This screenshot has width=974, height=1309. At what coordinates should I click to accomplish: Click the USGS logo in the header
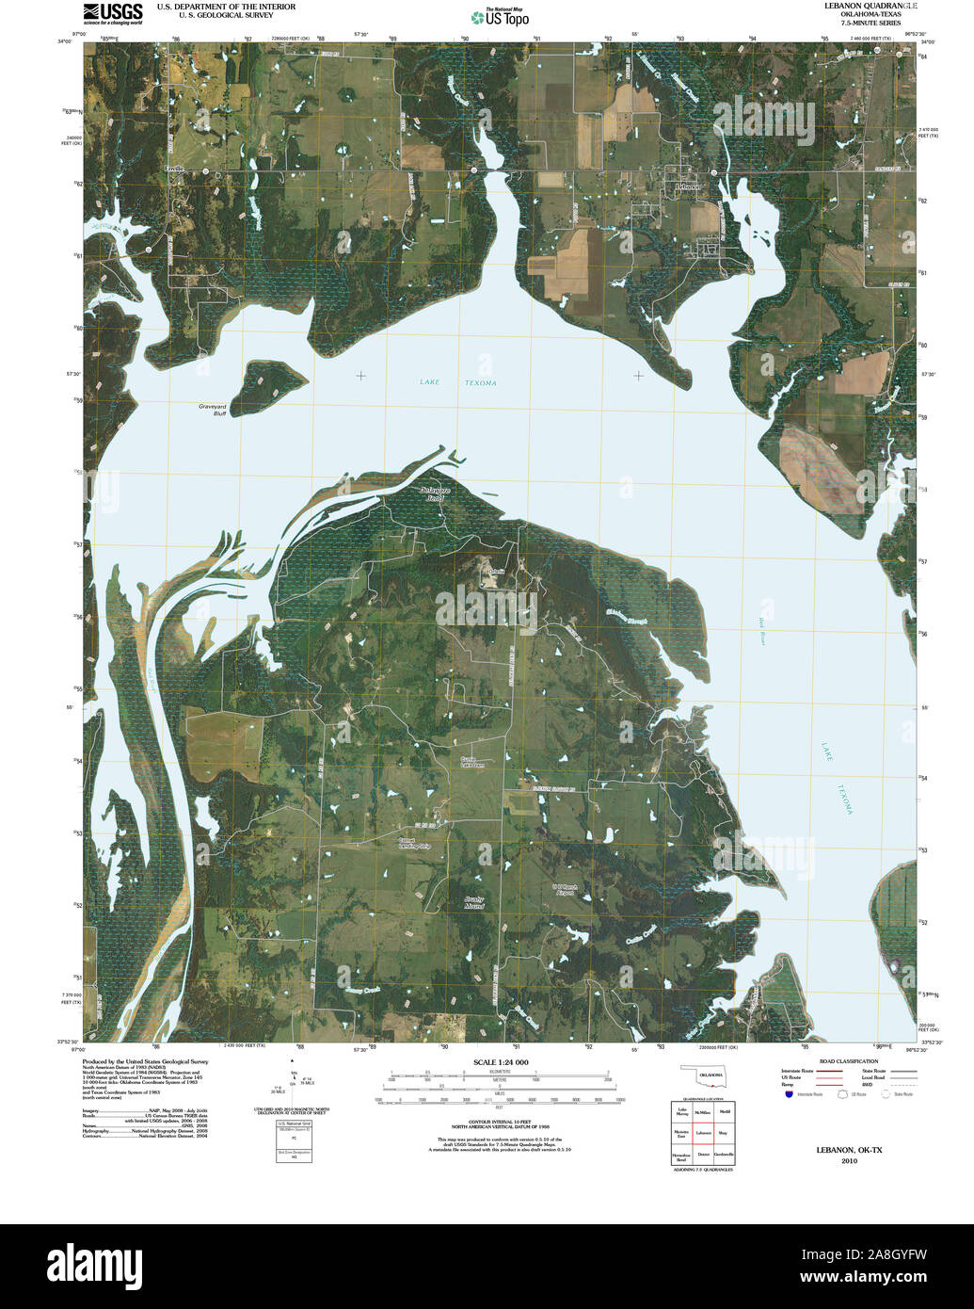point(112,13)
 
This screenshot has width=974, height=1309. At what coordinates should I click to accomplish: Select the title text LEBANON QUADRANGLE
point(858,6)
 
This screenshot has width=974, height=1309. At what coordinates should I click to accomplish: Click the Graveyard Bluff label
point(212,409)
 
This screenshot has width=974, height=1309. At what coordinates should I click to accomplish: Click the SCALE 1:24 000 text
point(500,1062)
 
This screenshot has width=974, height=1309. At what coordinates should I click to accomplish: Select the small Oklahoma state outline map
point(703,1075)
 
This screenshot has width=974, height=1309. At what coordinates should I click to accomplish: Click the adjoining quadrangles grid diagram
point(702,1134)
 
